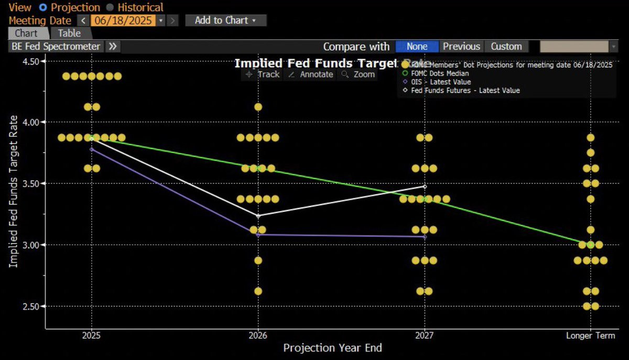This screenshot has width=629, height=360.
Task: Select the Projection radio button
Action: point(42,8)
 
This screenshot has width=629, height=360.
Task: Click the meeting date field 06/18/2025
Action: point(123,20)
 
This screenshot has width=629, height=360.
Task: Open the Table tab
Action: point(69,33)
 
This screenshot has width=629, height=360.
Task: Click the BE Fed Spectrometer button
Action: point(56,46)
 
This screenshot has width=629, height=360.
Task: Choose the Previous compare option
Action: point(461,46)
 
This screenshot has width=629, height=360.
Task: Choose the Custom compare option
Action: point(506,46)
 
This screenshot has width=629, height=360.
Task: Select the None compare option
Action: point(417,46)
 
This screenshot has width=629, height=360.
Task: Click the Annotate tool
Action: point(311,74)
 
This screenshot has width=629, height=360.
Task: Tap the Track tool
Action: point(263,74)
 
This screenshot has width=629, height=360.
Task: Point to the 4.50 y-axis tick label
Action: point(30,61)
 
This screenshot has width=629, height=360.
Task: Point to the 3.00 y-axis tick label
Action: point(30,245)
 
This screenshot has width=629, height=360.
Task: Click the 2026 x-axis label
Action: point(257,335)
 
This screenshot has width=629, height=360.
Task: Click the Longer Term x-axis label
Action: point(590,335)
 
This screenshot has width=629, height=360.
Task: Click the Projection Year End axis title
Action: point(332,348)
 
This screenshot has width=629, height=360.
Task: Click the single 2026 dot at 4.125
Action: point(258,107)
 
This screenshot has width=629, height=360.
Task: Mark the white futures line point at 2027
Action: point(425,187)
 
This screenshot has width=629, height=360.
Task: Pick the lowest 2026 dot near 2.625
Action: point(258,291)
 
